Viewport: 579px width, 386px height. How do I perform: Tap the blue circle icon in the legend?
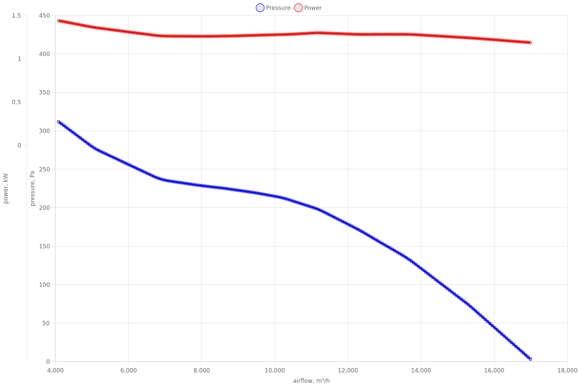point(260,8)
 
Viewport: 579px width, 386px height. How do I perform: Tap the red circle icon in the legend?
point(298,8)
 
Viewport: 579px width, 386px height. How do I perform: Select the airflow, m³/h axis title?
point(311,381)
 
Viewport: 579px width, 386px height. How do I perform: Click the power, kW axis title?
point(6,188)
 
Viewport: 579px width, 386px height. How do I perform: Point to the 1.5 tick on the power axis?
point(16,15)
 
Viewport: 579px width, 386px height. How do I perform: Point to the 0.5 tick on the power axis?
point(16,102)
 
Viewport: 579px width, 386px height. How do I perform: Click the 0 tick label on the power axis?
point(19,145)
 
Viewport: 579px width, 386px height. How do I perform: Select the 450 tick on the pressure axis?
point(44,15)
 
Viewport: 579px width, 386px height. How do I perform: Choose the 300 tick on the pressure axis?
point(44,131)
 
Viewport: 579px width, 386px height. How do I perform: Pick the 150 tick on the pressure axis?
point(44,246)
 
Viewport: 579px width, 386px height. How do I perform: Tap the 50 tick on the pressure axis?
point(46,323)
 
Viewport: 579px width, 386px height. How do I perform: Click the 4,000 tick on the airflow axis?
point(55,370)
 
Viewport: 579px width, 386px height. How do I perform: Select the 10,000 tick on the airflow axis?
point(275,370)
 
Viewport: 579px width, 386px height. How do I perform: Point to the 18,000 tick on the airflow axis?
point(567,370)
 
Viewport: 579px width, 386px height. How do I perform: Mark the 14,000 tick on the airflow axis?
point(421,370)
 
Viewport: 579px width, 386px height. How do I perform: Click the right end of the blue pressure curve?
point(530,359)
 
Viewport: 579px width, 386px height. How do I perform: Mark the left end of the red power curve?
point(58,21)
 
